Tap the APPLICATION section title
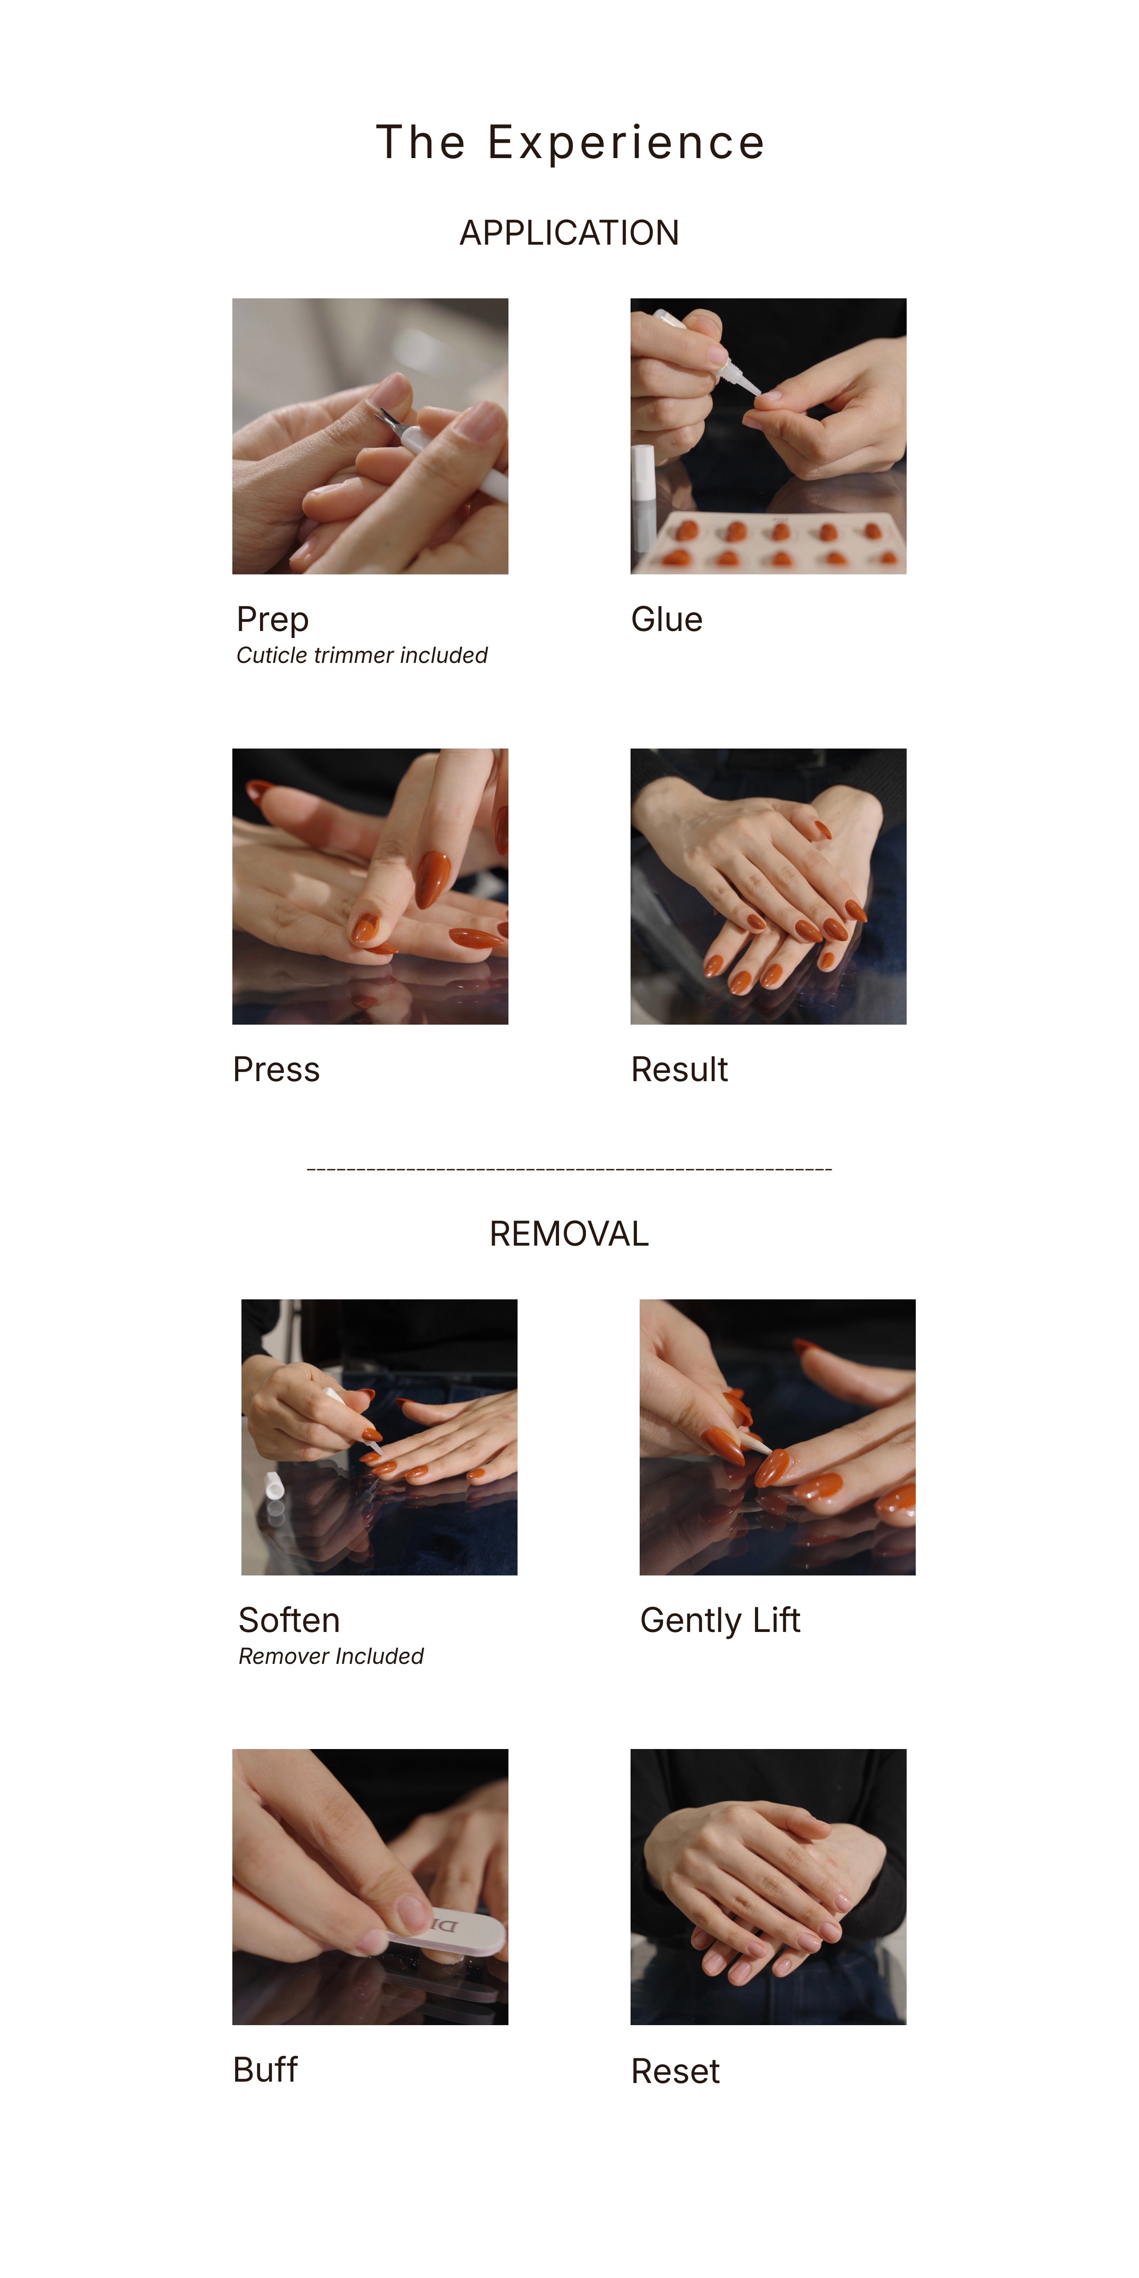coord(569,232)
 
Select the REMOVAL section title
coord(569,1234)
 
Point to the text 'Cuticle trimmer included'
coord(362,655)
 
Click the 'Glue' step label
coord(667,619)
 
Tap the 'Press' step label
coord(276,1069)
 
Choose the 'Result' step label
coord(679,1069)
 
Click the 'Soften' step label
coord(289,1620)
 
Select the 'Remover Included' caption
coord(331,1656)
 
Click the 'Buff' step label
coord(265,2070)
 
